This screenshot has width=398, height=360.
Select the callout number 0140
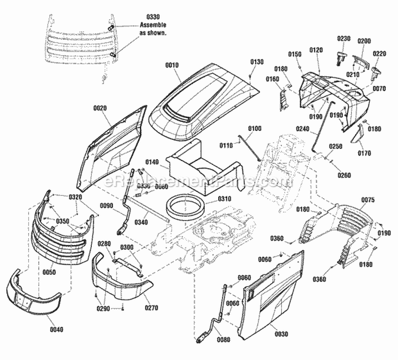pyautogui.click(x=152, y=162)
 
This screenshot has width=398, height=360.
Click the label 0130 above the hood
pyautogui.click(x=256, y=62)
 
